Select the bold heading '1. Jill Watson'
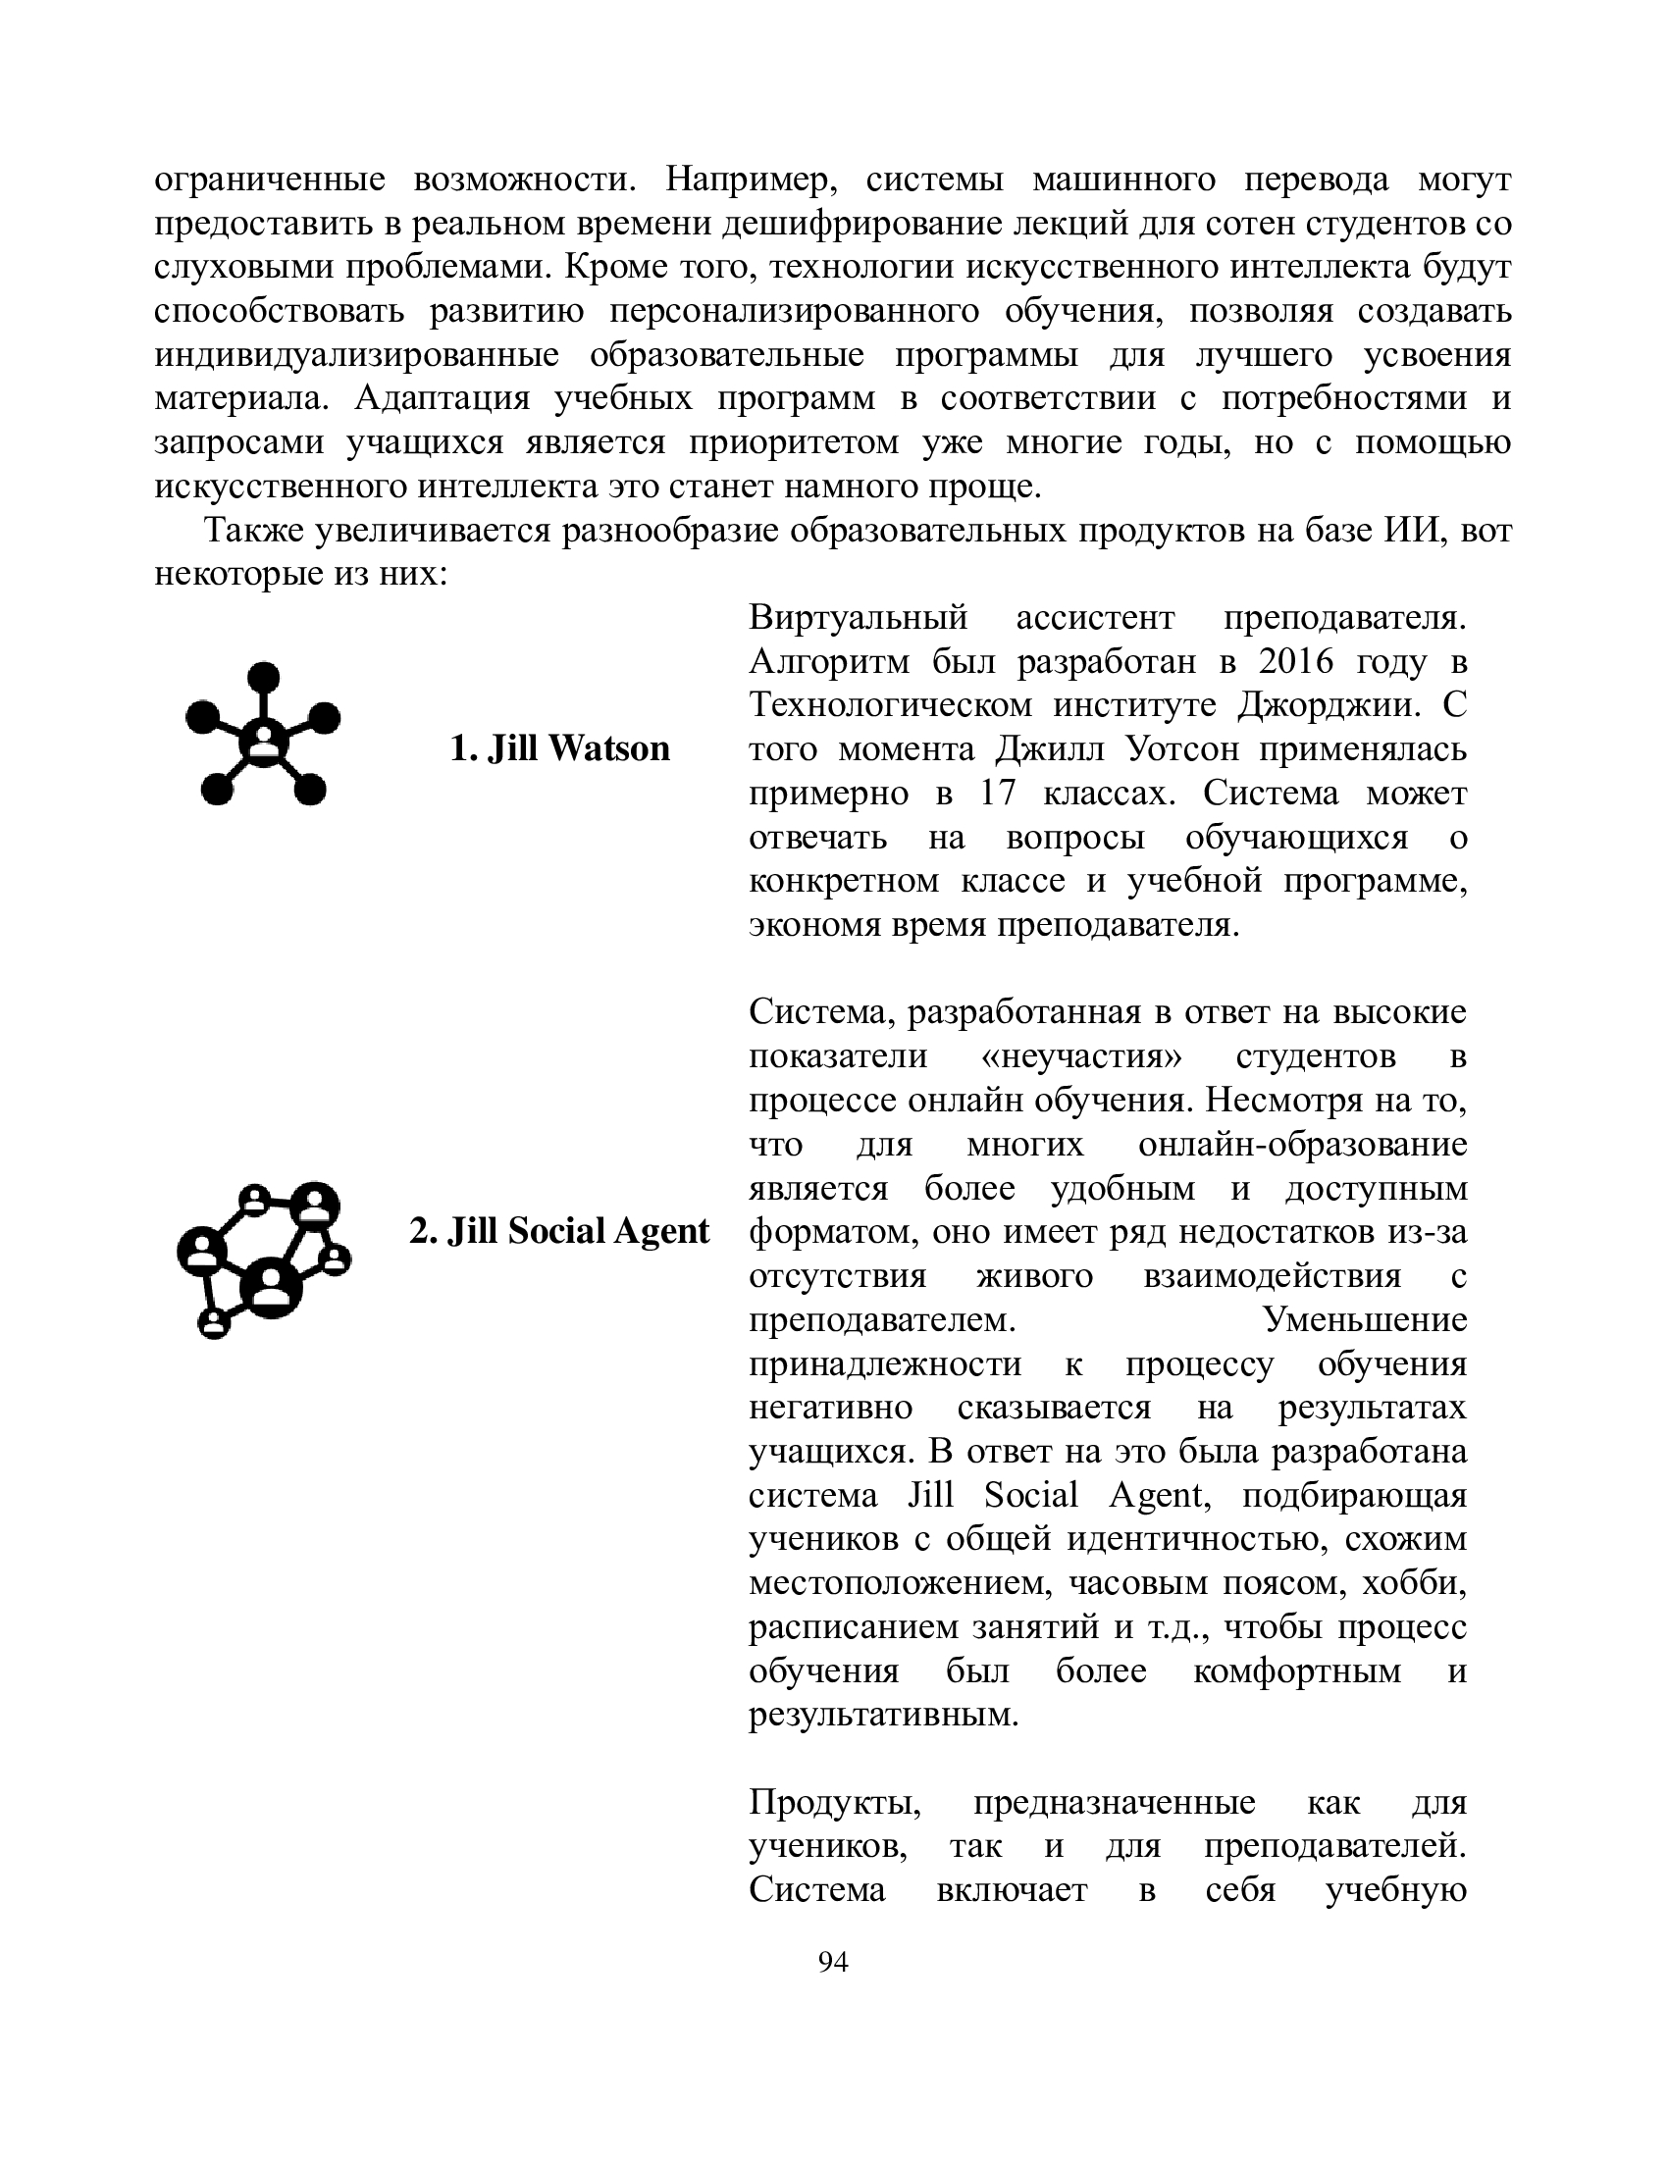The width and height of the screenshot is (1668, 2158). click(x=559, y=748)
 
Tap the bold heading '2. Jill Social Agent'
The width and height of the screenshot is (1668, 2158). click(x=559, y=1231)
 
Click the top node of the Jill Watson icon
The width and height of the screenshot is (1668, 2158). click(x=263, y=678)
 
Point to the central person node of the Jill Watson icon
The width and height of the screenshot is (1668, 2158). click(x=263, y=740)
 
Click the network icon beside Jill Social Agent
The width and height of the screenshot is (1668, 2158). click(x=264, y=1259)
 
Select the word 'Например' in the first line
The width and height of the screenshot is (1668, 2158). click(x=751, y=180)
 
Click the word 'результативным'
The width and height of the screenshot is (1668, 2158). click(x=883, y=1715)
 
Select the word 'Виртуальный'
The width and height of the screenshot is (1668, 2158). click(x=858, y=618)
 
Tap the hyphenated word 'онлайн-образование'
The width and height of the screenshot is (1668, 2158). click(x=1302, y=1144)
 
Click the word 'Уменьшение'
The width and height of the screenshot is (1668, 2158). click(x=1365, y=1319)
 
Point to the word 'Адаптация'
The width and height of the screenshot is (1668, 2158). click(x=442, y=398)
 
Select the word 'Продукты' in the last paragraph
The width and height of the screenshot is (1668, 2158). click(x=835, y=1802)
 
